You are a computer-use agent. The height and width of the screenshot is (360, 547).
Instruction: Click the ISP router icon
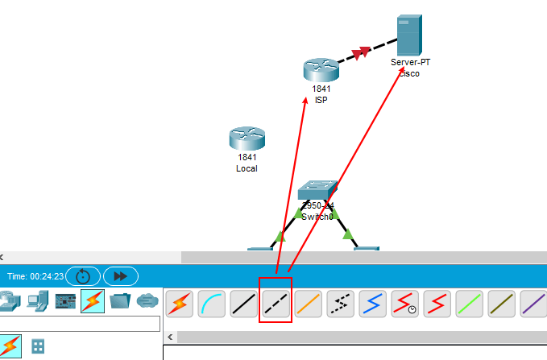click(x=321, y=70)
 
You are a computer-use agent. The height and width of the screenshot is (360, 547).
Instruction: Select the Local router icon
click(x=246, y=139)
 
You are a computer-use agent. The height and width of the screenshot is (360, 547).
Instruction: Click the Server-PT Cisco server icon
click(x=408, y=35)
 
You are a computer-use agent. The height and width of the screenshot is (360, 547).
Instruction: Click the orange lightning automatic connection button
click(x=179, y=303)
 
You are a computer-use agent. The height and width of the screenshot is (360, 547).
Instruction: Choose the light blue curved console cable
click(x=211, y=303)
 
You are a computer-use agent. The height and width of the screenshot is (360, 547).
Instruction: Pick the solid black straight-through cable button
click(x=243, y=303)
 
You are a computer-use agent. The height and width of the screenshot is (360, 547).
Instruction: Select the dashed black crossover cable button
click(x=276, y=303)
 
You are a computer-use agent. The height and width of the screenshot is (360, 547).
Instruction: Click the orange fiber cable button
click(x=308, y=303)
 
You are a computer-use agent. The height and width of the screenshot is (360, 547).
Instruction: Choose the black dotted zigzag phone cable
click(x=340, y=303)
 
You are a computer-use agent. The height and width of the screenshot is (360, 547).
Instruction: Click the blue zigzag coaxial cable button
click(x=372, y=303)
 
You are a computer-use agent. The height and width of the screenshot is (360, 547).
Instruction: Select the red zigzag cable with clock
click(x=404, y=303)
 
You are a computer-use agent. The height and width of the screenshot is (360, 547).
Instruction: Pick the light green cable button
click(x=469, y=303)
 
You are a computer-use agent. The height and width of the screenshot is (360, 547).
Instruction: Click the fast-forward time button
click(x=120, y=275)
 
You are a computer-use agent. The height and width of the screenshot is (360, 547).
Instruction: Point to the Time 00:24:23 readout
click(x=35, y=275)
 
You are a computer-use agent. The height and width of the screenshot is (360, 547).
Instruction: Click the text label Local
click(x=247, y=169)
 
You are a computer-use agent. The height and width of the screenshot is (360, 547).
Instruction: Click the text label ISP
click(x=321, y=100)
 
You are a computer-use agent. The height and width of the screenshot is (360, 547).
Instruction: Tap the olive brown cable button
click(x=501, y=303)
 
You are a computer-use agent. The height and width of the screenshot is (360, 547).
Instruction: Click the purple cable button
click(x=532, y=303)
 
